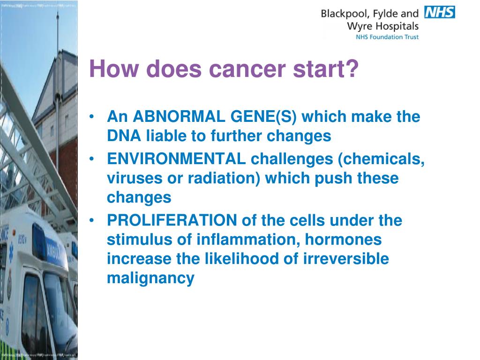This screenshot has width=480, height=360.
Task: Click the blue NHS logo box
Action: (x=440, y=12)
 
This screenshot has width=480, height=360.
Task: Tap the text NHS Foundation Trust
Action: (x=387, y=37)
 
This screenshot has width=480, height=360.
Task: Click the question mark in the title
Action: (x=352, y=68)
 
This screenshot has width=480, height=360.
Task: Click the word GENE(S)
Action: (x=263, y=117)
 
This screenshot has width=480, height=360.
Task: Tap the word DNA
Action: (x=124, y=135)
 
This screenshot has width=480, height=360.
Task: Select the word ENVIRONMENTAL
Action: (x=176, y=158)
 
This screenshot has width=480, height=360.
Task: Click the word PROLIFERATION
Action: (x=172, y=220)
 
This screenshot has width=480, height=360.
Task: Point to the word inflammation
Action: (x=247, y=240)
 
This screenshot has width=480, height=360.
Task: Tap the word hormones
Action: (x=343, y=240)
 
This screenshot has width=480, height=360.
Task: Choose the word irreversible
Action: (x=346, y=258)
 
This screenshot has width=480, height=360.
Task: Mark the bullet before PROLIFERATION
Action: (x=91, y=220)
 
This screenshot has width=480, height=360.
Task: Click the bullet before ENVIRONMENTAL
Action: (x=91, y=159)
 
